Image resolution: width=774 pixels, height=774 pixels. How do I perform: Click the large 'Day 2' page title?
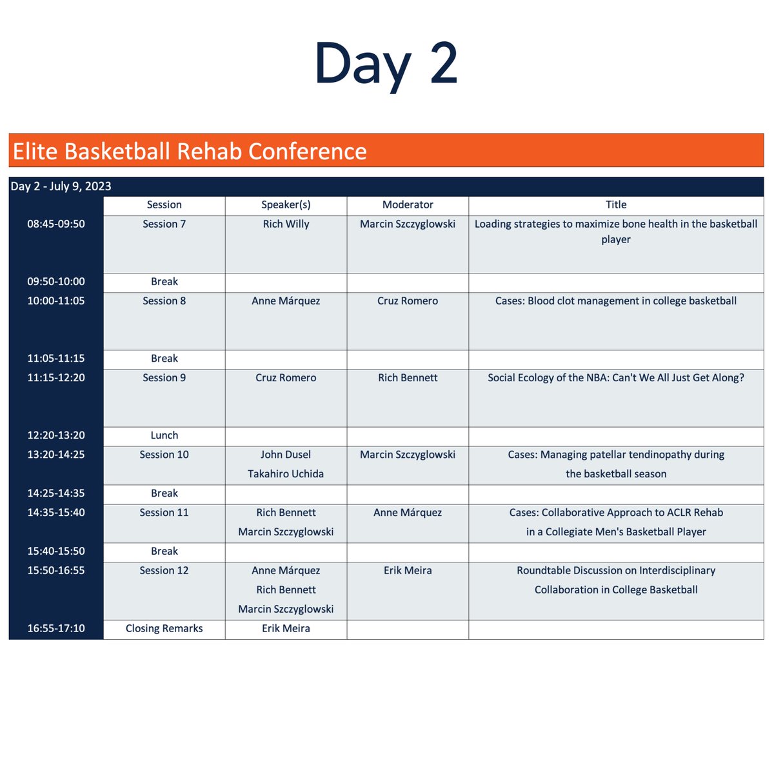pos(386,63)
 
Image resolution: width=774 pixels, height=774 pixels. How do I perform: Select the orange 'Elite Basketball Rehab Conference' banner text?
pos(190,151)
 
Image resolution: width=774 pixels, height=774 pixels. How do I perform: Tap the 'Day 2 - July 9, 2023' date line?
pos(61,186)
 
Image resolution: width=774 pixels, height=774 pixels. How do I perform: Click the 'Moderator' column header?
pos(408,204)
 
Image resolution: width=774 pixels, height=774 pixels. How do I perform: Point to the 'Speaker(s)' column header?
pos(286,204)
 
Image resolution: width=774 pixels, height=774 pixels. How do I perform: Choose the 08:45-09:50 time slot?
pos(56,224)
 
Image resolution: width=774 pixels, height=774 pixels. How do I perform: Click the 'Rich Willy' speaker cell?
pos(286,224)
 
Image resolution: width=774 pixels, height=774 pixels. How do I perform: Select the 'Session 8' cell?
pos(164,301)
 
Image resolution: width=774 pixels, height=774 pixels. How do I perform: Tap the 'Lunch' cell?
pos(164,435)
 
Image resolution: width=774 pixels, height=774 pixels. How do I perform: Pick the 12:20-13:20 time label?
pos(56,435)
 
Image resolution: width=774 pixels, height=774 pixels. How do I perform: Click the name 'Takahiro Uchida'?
pos(286,473)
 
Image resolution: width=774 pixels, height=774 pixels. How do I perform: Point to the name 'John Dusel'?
pos(286,455)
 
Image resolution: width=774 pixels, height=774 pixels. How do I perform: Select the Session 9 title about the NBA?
pos(616,378)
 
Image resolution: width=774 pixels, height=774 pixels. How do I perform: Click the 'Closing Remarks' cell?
pos(164,628)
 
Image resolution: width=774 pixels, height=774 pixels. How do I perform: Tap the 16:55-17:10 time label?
pos(56,628)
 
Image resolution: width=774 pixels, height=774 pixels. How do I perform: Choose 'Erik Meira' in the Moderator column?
pos(408,570)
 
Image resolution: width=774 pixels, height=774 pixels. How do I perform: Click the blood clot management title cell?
pos(616,301)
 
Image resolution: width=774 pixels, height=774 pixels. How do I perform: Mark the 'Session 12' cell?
pos(164,570)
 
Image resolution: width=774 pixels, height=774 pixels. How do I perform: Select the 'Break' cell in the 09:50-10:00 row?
pos(164,282)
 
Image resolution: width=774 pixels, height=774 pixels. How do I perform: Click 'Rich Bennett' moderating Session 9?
pos(408,378)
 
